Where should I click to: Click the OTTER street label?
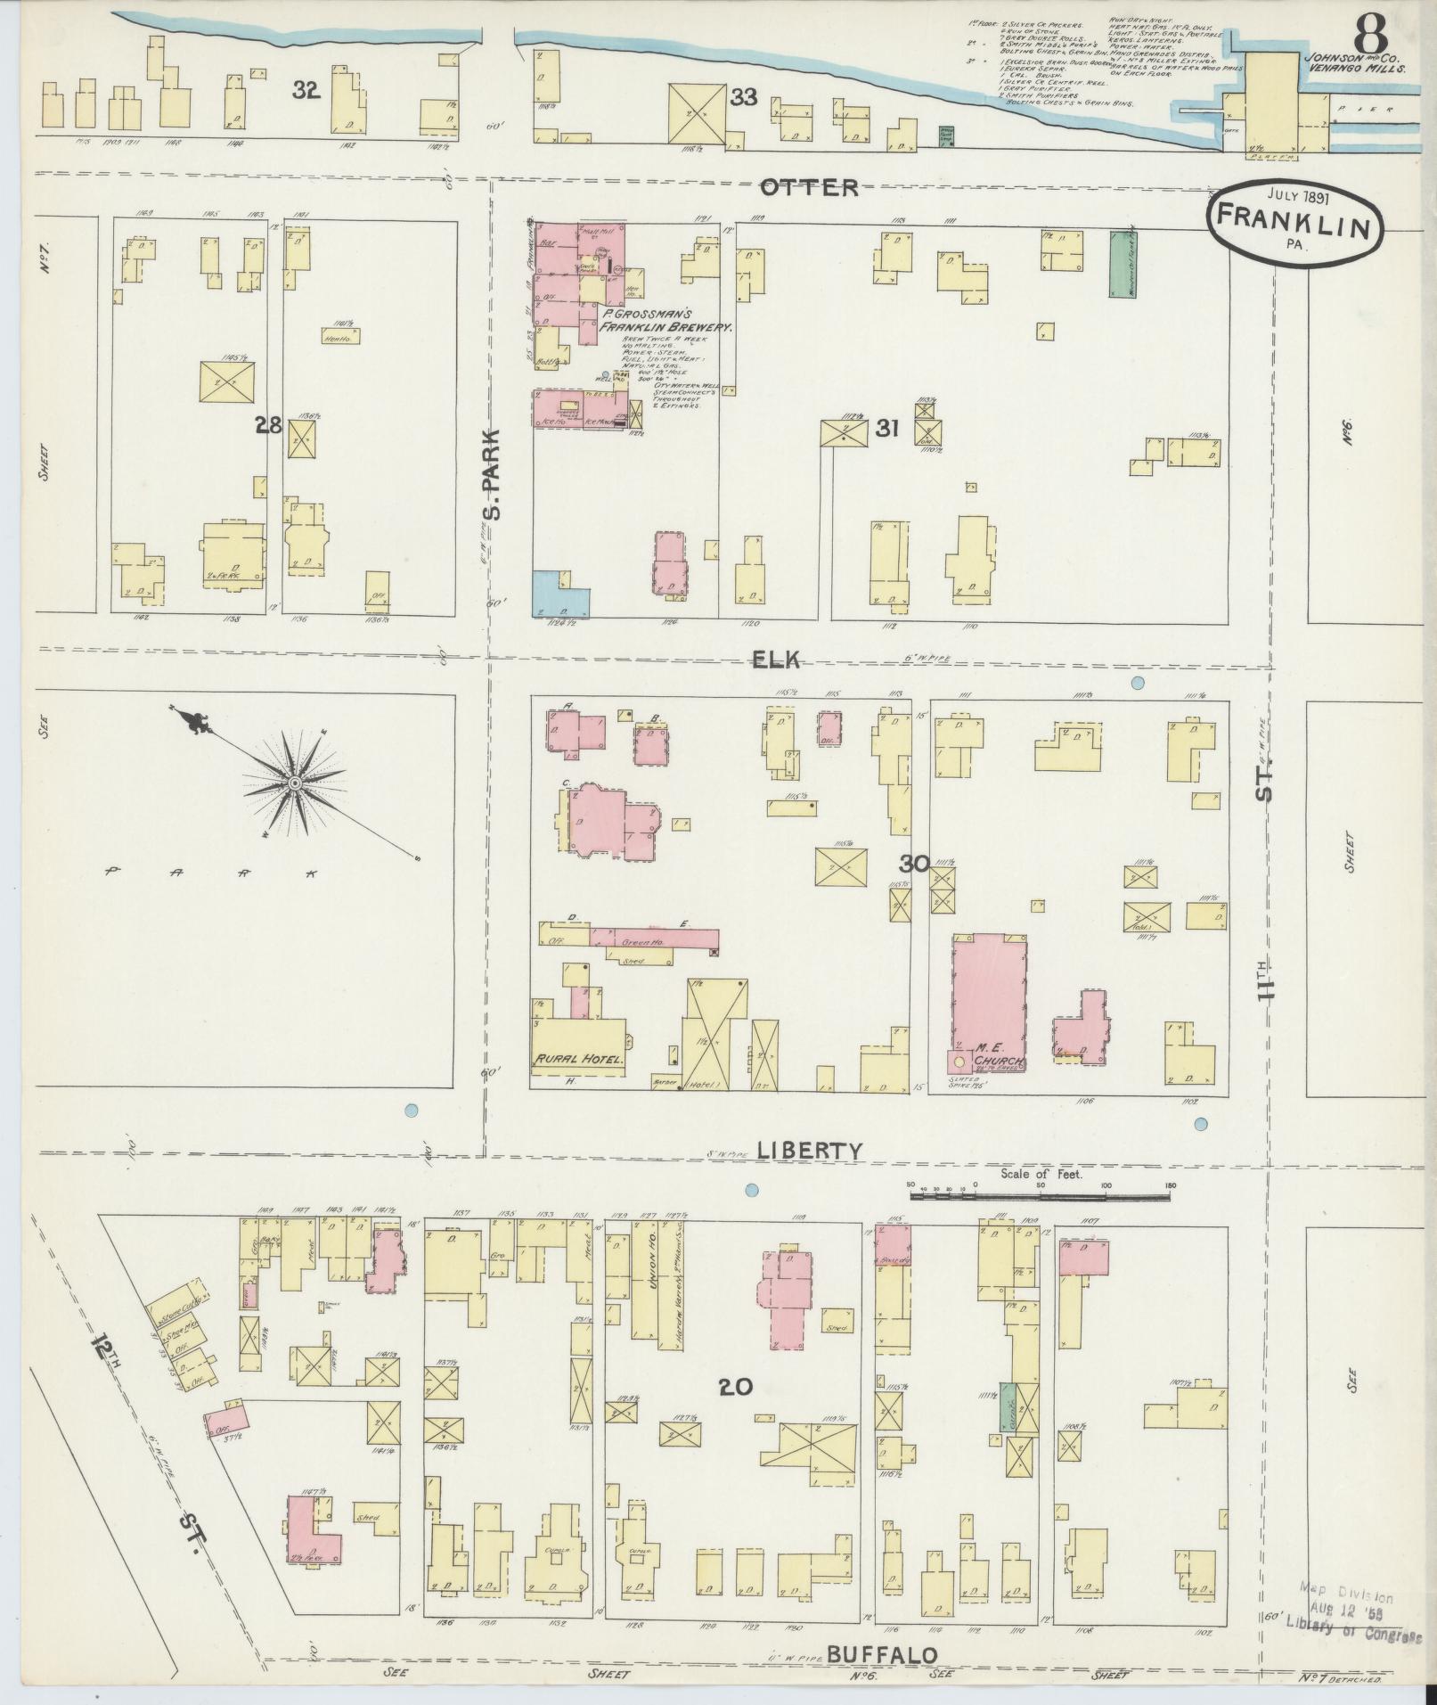[x=809, y=187]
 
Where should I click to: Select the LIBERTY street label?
[x=809, y=1151]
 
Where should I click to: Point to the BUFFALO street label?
[x=882, y=1655]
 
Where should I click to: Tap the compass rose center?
[x=294, y=783]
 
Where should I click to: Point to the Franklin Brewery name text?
[x=666, y=321]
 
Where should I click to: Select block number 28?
[x=268, y=426]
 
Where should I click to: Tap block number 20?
[x=737, y=1411]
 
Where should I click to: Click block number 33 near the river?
[x=743, y=97]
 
